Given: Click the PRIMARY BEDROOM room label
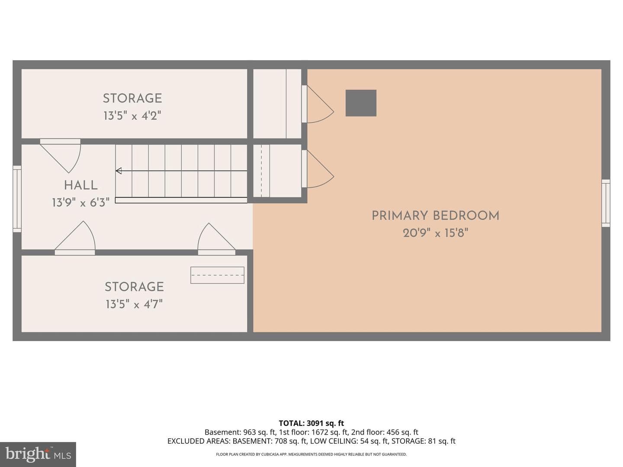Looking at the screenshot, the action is click(435, 216).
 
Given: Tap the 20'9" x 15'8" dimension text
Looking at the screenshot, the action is click(435, 233).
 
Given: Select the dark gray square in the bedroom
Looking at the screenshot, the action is click(361, 103).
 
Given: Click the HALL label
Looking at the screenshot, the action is click(81, 186).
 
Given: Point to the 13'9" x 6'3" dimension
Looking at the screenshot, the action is click(80, 203).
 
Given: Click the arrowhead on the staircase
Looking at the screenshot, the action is click(119, 171).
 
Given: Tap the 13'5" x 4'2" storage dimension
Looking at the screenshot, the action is click(132, 116).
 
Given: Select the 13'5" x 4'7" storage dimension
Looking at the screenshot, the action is click(134, 304).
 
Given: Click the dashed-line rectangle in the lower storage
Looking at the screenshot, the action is click(217, 275).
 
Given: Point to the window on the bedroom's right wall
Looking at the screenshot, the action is click(606, 203).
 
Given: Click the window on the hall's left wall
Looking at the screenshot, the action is click(17, 199).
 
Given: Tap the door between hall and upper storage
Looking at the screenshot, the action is click(60, 155).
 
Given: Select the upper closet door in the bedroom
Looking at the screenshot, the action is click(318, 104).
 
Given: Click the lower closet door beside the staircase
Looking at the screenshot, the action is click(318, 169).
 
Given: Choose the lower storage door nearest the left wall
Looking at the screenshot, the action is click(75, 238).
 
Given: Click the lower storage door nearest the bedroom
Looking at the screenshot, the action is click(217, 239).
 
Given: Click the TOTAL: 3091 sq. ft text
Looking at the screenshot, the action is click(311, 423).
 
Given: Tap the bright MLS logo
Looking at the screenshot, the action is click(38, 454).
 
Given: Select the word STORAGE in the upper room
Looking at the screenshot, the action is click(132, 99).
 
